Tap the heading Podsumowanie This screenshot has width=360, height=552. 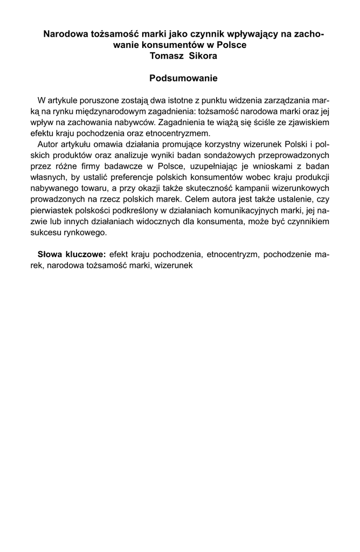(x=183, y=79)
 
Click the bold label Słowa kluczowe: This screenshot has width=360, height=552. (x=72, y=254)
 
